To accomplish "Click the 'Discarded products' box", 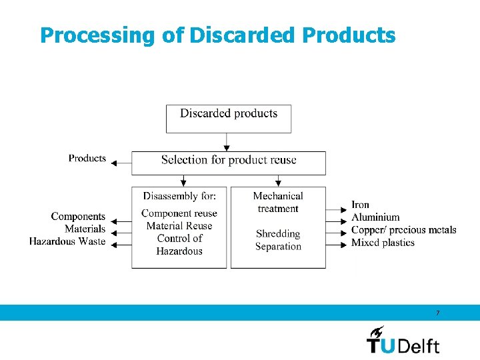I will [229, 118].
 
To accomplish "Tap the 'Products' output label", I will [87, 159].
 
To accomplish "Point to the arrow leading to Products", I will [121, 162].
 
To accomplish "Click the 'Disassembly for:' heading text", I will [179, 196].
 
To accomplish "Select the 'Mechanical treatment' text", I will [278, 202].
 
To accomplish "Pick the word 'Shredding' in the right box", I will [278, 234].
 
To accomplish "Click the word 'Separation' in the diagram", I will [278, 247].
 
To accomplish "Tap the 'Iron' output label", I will [361, 205].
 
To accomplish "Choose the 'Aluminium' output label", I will [375, 217].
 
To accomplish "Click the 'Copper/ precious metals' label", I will [403, 230].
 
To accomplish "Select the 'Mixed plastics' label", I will [383, 243].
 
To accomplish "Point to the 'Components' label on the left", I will [78, 217].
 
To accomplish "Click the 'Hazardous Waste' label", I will [67, 241].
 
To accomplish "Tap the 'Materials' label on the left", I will [85, 229].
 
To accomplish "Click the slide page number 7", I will [437, 313].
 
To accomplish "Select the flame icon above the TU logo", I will [377, 331].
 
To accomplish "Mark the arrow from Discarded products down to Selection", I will [227, 142].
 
